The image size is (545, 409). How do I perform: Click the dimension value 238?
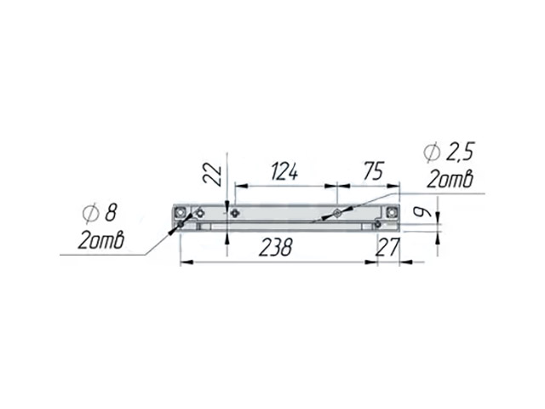coord(276,248)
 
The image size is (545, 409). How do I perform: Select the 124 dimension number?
coord(284,171)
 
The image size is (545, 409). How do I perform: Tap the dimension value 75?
coord(373,170)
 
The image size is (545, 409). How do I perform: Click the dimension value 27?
coord(388,246)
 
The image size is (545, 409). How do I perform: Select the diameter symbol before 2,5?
coord(432,153)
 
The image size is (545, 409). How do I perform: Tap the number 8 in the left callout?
coord(111,213)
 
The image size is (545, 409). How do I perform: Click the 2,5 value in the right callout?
coord(460,152)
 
